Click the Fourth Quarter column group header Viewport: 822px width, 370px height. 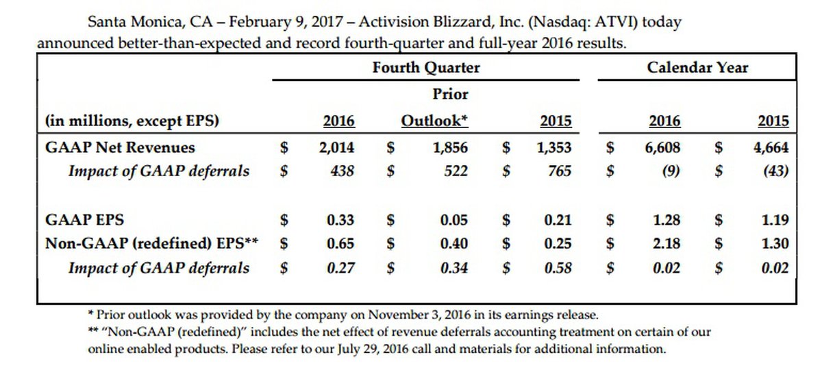pos(426,67)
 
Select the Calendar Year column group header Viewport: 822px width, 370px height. pos(697,67)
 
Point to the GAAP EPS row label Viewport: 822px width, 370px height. pos(84,220)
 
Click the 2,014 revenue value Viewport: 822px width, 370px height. pos(338,147)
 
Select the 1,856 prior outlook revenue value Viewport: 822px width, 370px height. pos(451,147)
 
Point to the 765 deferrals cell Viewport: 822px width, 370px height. pos(560,171)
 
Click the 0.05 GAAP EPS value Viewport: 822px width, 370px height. pos(454,220)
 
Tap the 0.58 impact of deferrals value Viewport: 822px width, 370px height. pos(558,267)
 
